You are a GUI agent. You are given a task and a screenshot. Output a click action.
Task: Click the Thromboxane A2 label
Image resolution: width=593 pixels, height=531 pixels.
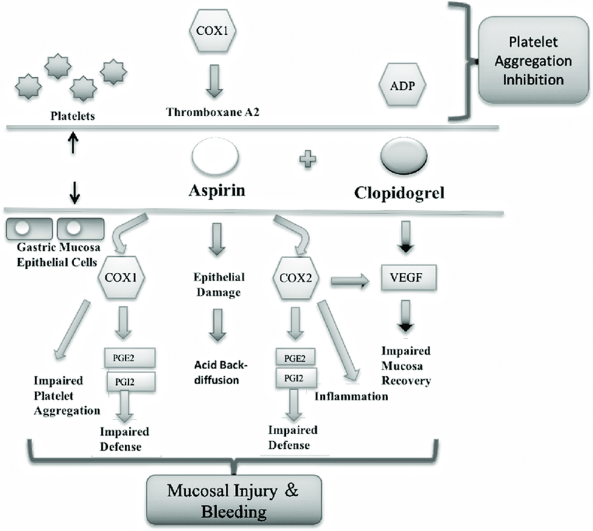[x=213, y=111]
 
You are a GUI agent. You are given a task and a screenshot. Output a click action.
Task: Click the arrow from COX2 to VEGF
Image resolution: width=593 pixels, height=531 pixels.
[x=351, y=280]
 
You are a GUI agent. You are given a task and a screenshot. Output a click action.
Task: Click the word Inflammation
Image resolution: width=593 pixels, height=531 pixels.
[x=351, y=397]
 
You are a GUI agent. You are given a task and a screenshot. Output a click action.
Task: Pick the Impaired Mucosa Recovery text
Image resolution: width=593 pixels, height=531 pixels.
[x=406, y=365]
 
